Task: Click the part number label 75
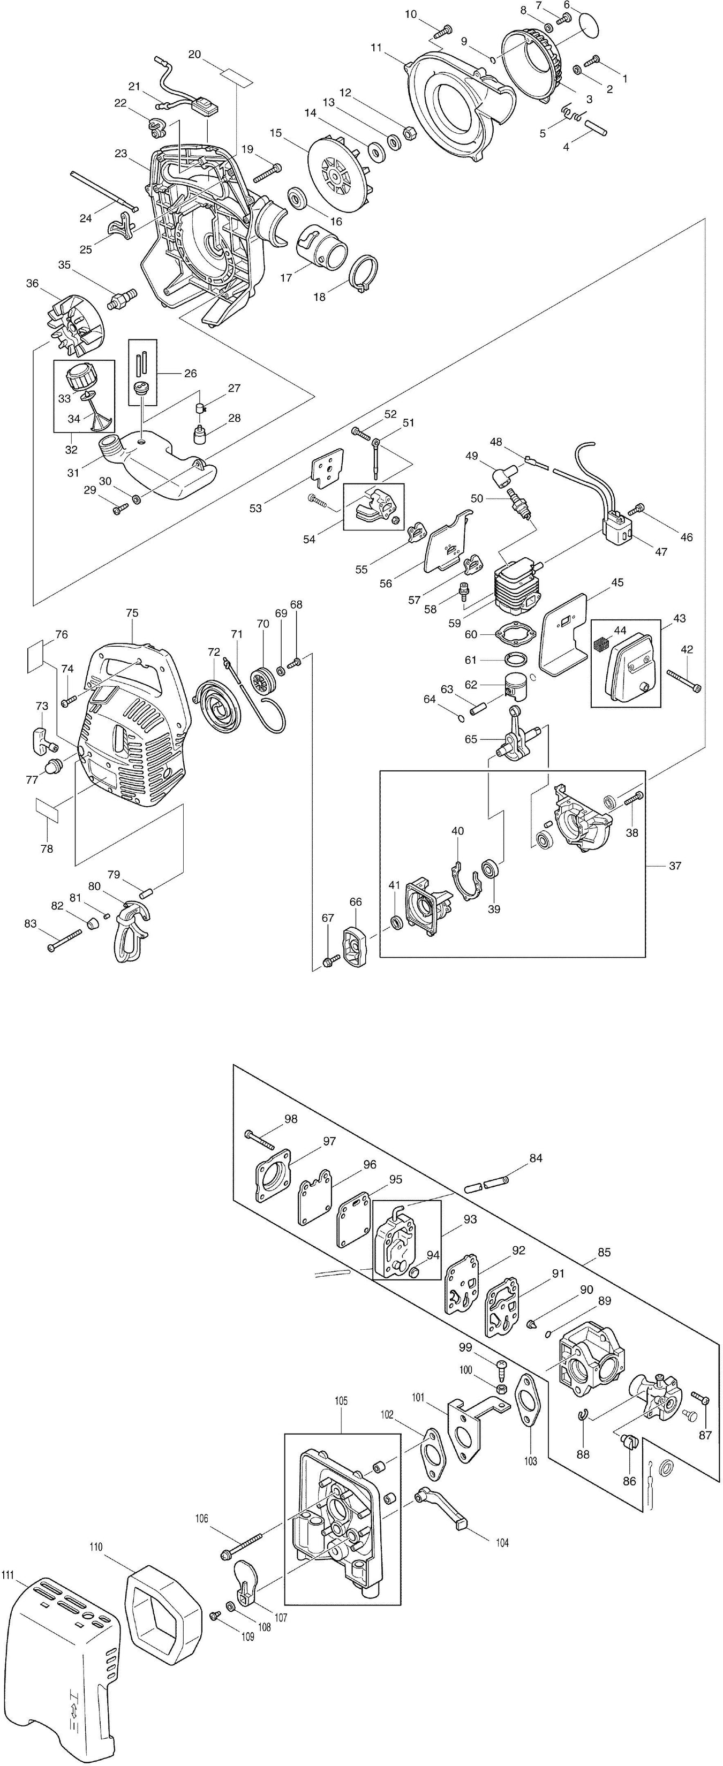click(132, 613)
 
